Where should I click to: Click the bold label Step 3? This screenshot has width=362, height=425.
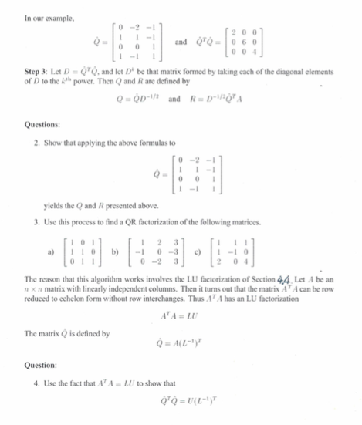coord(36,80)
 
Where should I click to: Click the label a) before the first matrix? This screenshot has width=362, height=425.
coord(49,251)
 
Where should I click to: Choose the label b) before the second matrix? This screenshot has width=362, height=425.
coord(113,251)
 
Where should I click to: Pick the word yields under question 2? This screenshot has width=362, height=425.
coord(54,207)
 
